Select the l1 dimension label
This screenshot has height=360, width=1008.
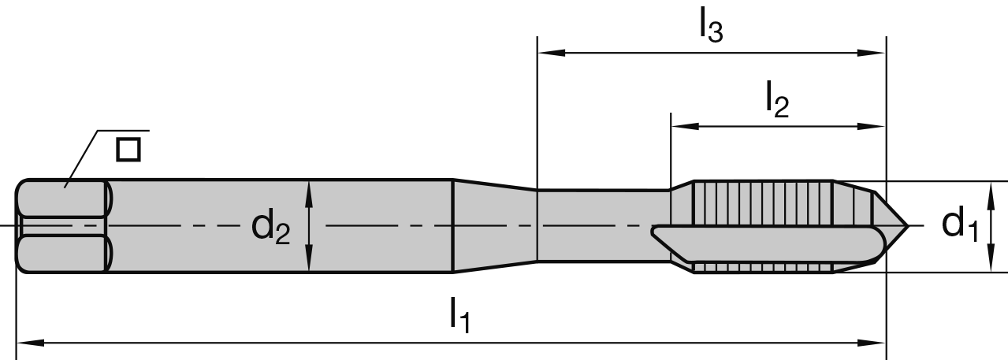coord(459,316)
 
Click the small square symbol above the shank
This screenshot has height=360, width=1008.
coord(128,149)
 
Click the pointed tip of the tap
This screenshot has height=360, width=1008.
coord(906,227)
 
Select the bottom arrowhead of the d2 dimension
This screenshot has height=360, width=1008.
coord(309,263)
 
